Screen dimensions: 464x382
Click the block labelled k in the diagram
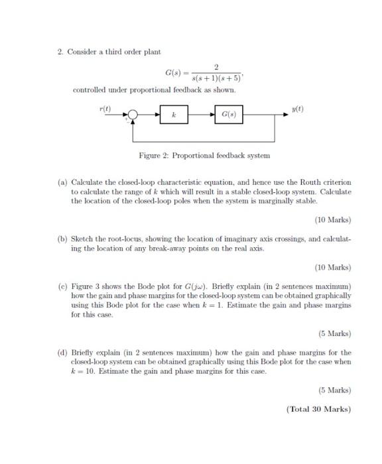coord(173,115)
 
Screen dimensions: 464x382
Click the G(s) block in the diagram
coord(227,115)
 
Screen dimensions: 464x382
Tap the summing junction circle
coord(133,115)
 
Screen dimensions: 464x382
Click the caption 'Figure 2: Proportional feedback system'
coord(204,155)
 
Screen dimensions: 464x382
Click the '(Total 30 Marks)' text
coord(318,408)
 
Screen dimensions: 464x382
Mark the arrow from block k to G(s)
coord(200,115)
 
